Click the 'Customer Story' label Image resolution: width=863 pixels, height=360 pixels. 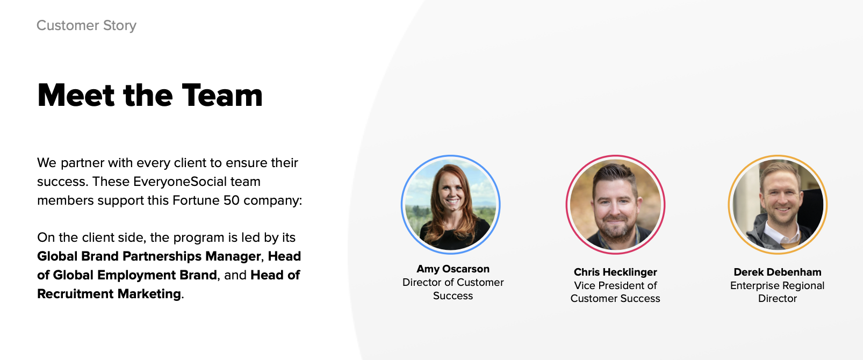point(87,25)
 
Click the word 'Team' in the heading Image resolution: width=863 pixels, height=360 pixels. point(222,95)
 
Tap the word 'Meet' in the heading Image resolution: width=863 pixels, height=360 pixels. point(76,95)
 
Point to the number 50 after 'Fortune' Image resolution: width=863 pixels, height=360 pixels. point(231,200)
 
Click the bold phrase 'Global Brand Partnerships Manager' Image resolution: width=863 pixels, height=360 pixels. point(149,256)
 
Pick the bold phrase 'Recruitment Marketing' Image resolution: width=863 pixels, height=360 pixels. point(109,294)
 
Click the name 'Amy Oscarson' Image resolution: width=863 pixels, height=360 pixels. point(452,269)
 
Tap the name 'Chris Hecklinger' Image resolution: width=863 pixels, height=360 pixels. point(615,272)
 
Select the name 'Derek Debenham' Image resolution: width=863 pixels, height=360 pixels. point(778,272)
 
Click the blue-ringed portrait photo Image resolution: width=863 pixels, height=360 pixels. point(451,205)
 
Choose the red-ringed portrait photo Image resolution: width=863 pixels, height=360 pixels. point(615,205)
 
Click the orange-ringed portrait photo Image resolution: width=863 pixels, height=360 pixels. point(778,205)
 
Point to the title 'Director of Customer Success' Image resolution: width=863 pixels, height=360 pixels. point(452,289)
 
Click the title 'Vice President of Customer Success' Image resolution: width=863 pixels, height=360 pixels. point(615,292)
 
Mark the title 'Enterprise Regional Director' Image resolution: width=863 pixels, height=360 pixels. point(778,292)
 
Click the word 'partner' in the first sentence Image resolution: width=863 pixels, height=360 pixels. point(82,163)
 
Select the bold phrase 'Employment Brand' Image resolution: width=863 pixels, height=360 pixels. point(157,275)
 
